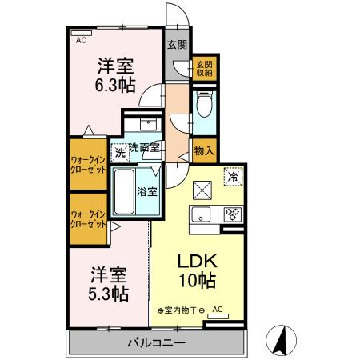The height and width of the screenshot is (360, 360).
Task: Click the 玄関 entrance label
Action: (177, 45)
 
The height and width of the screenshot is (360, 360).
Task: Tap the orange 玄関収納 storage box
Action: (203, 68)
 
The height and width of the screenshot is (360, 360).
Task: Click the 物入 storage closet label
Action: (203, 150)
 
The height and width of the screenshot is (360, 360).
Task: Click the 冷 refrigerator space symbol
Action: (234, 175)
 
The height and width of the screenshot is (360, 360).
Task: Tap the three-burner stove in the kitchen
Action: (232, 214)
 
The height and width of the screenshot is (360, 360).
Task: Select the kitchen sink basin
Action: (200, 214)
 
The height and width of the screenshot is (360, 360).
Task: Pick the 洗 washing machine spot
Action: (118, 150)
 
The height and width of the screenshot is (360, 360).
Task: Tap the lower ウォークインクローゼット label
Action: (88, 218)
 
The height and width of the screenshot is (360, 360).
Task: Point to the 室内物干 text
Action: (180, 310)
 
